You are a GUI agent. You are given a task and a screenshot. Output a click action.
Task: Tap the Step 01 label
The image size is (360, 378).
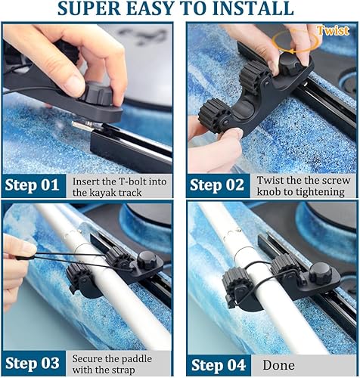coord(35,185)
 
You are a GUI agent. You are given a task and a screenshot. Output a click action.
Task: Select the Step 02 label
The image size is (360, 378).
coord(217,185)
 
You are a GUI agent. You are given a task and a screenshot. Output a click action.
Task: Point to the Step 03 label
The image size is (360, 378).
coord(35,363)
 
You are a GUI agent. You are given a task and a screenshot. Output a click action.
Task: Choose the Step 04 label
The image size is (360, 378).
coord(217,363)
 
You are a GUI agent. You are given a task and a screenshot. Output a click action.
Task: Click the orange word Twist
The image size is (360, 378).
coord(333,31)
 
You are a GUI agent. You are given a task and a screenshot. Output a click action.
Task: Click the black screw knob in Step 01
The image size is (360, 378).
coord(97,94)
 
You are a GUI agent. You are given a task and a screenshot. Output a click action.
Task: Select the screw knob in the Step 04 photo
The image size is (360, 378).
coord(321,271)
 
